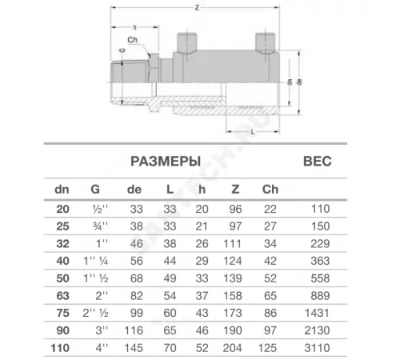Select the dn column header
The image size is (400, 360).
[x=61, y=190]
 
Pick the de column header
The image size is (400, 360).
[x=134, y=190]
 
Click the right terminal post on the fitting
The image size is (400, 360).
[x=262, y=41]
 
